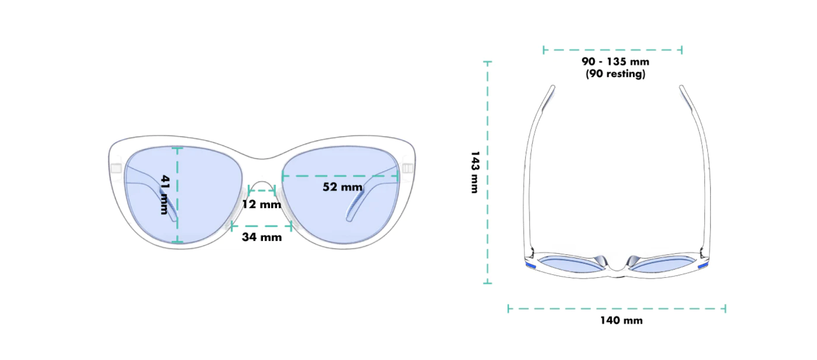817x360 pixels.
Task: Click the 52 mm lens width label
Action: pos(342,187)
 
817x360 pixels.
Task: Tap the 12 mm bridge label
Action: pos(261,204)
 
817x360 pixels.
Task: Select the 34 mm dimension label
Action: pos(262,237)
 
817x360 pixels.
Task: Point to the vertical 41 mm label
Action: pos(165,195)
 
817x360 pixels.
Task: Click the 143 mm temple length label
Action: pos(475,172)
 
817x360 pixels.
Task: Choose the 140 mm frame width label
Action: pos(622,320)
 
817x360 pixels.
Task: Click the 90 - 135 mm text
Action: pos(615,62)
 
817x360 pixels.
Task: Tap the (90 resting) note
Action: pos(615,74)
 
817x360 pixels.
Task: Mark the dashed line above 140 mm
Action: pos(617,308)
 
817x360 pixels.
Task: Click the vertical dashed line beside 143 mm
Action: pos(487,172)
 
